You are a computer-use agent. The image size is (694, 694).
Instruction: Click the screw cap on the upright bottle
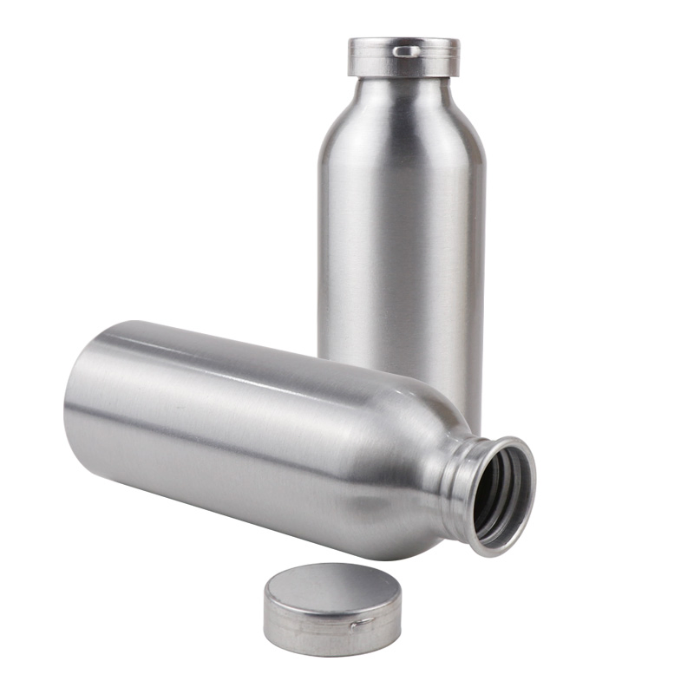tap(403, 57)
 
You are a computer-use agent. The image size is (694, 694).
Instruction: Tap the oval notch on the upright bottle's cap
tap(405, 51)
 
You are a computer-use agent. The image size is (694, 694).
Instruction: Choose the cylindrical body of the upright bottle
tap(401, 243)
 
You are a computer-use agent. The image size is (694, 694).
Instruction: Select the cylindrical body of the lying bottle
tap(243, 434)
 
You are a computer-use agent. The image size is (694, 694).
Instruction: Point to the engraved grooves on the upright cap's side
tap(373, 65)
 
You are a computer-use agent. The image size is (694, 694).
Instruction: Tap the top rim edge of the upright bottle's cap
tap(403, 40)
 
